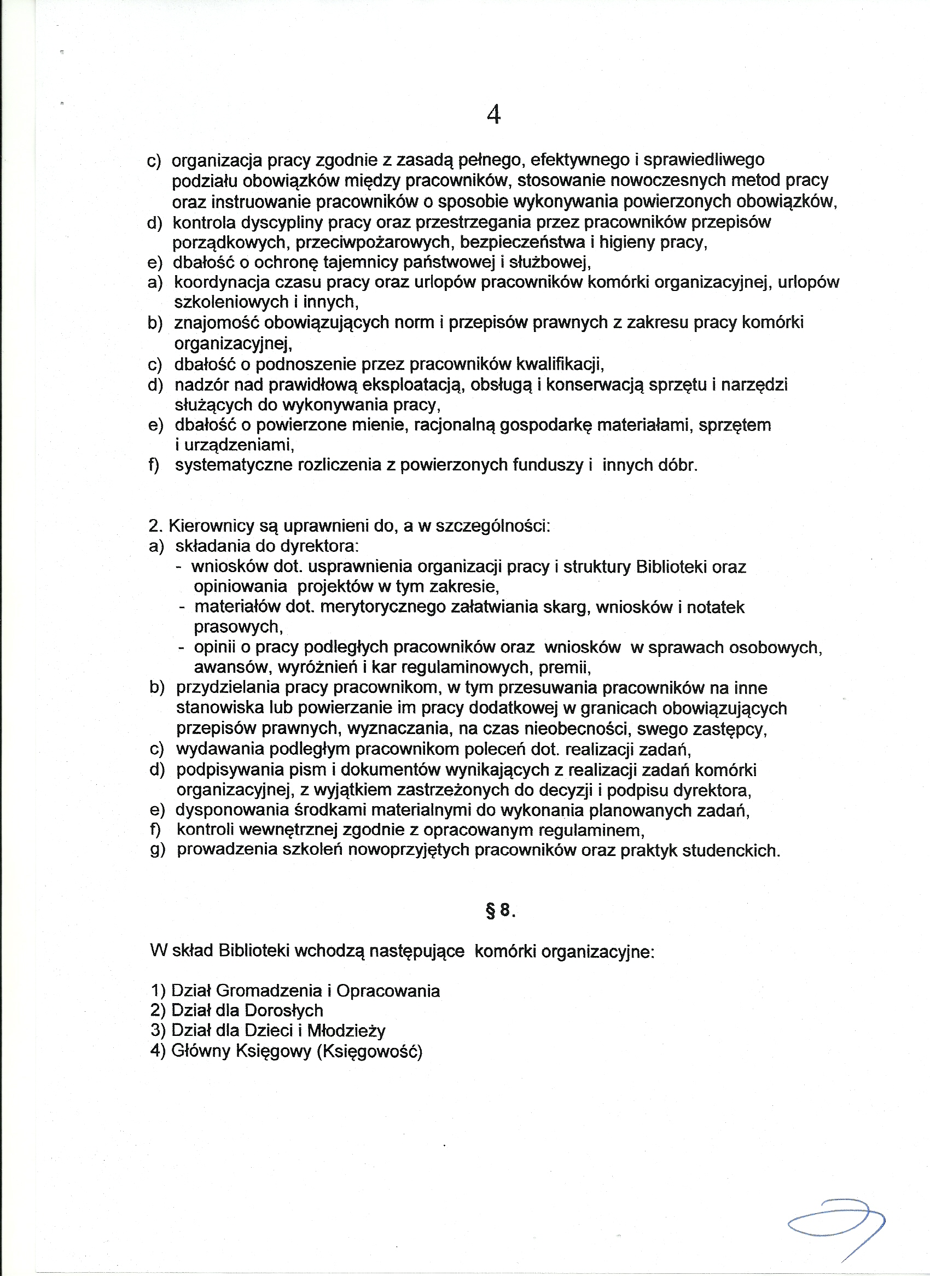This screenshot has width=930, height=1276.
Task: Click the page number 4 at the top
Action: pos(493,115)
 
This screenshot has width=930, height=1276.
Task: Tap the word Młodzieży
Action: pos(346,1030)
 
